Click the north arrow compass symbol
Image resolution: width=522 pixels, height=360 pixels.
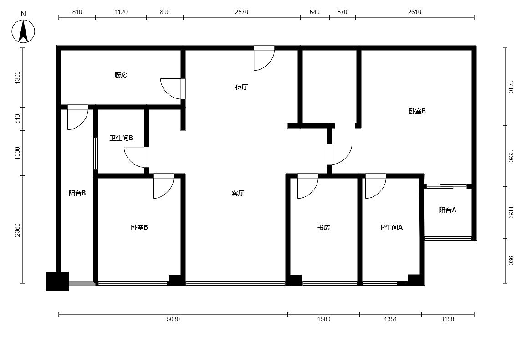tap(23, 31)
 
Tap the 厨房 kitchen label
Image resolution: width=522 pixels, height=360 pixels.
tap(121, 75)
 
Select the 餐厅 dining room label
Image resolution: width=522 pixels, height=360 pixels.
tap(241, 87)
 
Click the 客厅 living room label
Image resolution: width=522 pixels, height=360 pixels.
tap(238, 193)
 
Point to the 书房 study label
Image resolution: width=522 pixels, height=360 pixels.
tap(323, 227)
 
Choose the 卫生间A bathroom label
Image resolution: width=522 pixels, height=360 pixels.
tap(391, 227)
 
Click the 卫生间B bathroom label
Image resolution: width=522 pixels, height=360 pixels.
tap(121, 138)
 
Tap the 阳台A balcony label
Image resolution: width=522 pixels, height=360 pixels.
tap(447, 210)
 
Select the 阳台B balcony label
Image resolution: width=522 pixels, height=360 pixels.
tap(77, 193)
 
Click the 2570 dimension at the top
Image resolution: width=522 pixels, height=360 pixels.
tap(241, 12)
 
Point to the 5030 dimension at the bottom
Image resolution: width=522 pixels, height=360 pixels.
tap(173, 319)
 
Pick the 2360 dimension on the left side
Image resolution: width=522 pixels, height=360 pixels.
tap(17, 230)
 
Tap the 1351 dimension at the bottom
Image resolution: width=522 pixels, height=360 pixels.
tap(390, 319)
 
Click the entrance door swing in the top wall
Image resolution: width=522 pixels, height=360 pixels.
tap(264, 58)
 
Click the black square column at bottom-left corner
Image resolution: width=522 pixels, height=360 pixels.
tap(57, 282)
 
